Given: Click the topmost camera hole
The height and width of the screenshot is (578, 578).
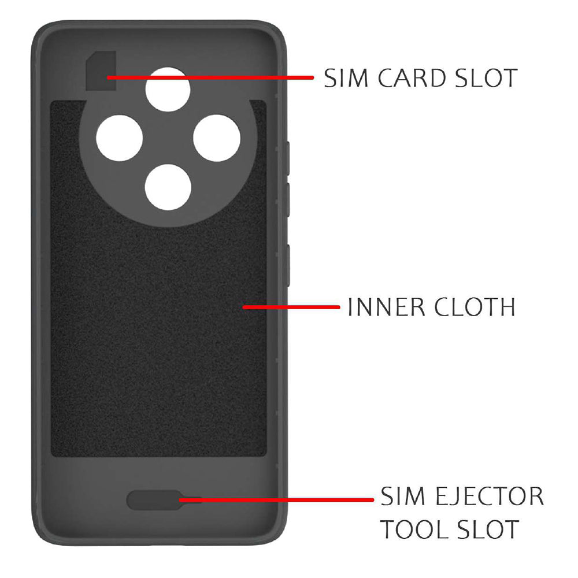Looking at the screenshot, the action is coord(168,89).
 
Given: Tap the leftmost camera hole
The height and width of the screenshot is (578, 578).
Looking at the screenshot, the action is coord(120,138).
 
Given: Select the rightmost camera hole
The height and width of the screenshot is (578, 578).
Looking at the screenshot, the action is coord(217,138).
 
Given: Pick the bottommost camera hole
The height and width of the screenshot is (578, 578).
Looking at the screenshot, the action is coord(168,187).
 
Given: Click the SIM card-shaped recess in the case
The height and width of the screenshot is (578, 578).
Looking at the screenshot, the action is coord(101,71).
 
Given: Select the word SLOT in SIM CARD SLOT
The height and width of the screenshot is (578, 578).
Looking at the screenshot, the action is coord(487,78).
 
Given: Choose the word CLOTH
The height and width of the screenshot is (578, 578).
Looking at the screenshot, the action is coord(475,307).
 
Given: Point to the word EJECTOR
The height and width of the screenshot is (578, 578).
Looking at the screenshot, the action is coord(490,496).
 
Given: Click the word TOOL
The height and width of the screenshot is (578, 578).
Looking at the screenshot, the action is coord(414,529).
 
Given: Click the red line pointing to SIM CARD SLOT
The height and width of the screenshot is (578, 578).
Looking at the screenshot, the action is coord(210,78).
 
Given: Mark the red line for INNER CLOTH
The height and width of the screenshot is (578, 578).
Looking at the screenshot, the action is coord(291,307).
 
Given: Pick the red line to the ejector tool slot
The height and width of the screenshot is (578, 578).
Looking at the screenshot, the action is coord(276,500).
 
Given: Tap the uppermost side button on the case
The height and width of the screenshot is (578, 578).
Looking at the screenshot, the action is coord(287,158).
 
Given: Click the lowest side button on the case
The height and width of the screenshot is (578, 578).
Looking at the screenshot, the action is coord(287,265).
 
